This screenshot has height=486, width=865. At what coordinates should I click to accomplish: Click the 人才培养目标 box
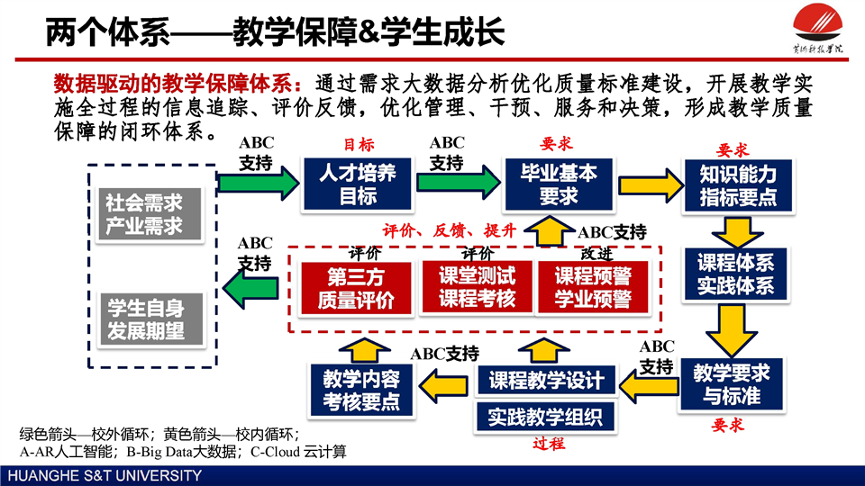click(358, 184)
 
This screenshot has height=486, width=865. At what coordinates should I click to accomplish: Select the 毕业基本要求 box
click(558, 184)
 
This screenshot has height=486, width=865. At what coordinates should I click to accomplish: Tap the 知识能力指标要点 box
click(738, 184)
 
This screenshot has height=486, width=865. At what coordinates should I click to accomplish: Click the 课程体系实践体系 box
click(736, 274)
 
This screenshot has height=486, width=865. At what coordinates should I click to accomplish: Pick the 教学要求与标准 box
click(731, 383)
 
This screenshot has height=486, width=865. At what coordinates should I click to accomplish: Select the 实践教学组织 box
click(546, 417)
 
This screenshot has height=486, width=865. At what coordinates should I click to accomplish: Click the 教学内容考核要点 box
click(361, 390)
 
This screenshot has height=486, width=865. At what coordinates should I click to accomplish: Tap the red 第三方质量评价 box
click(355, 288)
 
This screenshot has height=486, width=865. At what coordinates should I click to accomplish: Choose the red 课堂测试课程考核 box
click(478, 288)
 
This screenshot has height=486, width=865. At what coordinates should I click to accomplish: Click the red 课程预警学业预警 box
click(592, 288)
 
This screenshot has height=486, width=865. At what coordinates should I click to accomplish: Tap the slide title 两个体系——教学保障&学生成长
click(275, 32)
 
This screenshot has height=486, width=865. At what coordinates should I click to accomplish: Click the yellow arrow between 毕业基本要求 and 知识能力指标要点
click(648, 183)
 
